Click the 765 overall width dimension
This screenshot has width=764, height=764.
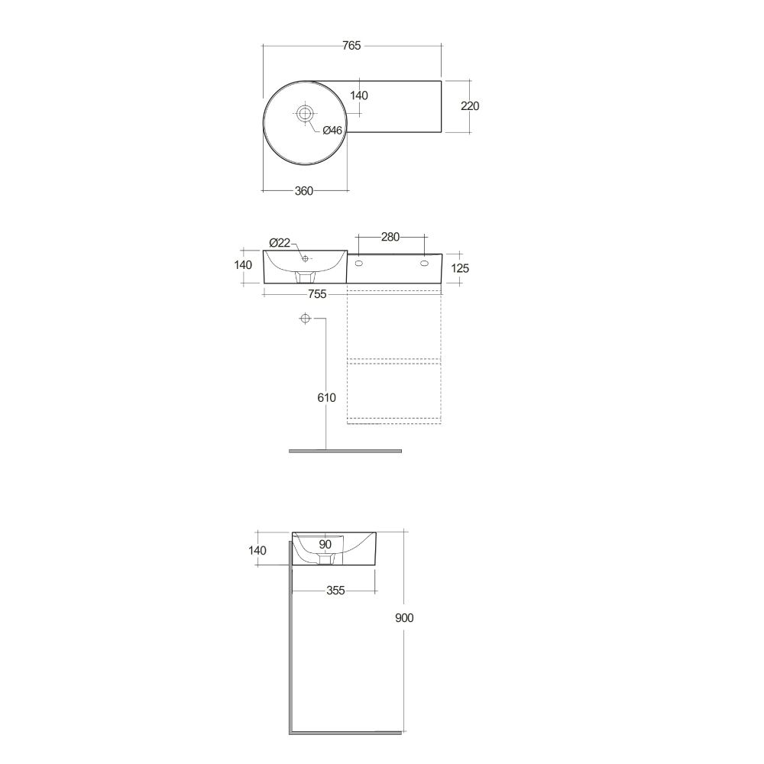(351, 45)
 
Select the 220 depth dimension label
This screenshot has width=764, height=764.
(470, 105)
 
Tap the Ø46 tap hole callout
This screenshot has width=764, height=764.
(333, 130)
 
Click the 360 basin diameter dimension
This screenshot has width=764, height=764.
(303, 191)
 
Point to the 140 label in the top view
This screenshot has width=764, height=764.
(358, 95)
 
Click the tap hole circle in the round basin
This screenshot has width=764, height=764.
(305, 114)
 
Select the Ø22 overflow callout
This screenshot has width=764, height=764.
(280, 242)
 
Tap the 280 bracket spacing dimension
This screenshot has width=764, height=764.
(390, 237)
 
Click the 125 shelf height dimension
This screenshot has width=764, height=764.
(460, 268)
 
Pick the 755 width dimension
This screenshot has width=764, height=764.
(317, 294)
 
